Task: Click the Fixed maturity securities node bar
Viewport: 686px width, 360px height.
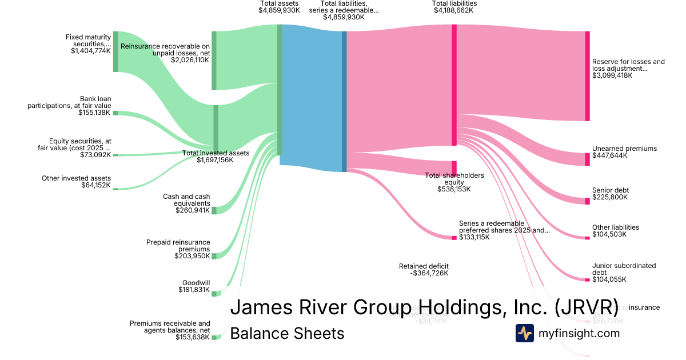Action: pyautogui.click(x=115, y=51)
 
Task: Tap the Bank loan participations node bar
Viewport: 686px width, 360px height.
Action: pyautogui.click(x=115, y=113)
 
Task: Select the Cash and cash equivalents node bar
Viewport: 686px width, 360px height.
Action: pyautogui.click(x=214, y=210)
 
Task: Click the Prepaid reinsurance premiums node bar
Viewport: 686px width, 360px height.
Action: pyautogui.click(x=214, y=256)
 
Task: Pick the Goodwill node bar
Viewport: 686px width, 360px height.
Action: pyautogui.click(x=214, y=293)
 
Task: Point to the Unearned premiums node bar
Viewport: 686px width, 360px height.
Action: pyautogui.click(x=587, y=159)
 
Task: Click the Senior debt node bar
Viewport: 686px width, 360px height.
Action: pyautogui.click(x=587, y=201)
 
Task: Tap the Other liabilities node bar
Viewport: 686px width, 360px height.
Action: pyautogui.click(x=587, y=237)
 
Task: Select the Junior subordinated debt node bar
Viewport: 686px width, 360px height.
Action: pyautogui.click(x=587, y=279)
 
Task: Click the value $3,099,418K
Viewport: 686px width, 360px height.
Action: pyautogui.click(x=612, y=75)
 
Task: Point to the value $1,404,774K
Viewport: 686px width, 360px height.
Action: pyautogui.click(x=91, y=51)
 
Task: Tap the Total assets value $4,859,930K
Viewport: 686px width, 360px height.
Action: pyautogui.click(x=279, y=10)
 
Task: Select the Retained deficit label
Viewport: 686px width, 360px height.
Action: pyautogui.click(x=424, y=266)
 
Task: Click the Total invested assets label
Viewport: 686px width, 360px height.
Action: pyautogui.click(x=216, y=153)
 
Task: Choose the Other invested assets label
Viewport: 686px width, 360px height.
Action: pyautogui.click(x=76, y=178)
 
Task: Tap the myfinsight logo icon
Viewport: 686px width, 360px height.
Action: pyautogui.click(x=525, y=333)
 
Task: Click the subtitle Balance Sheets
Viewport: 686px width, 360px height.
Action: pyautogui.click(x=287, y=333)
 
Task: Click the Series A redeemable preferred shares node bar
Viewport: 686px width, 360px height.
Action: pyautogui.click(x=455, y=237)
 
